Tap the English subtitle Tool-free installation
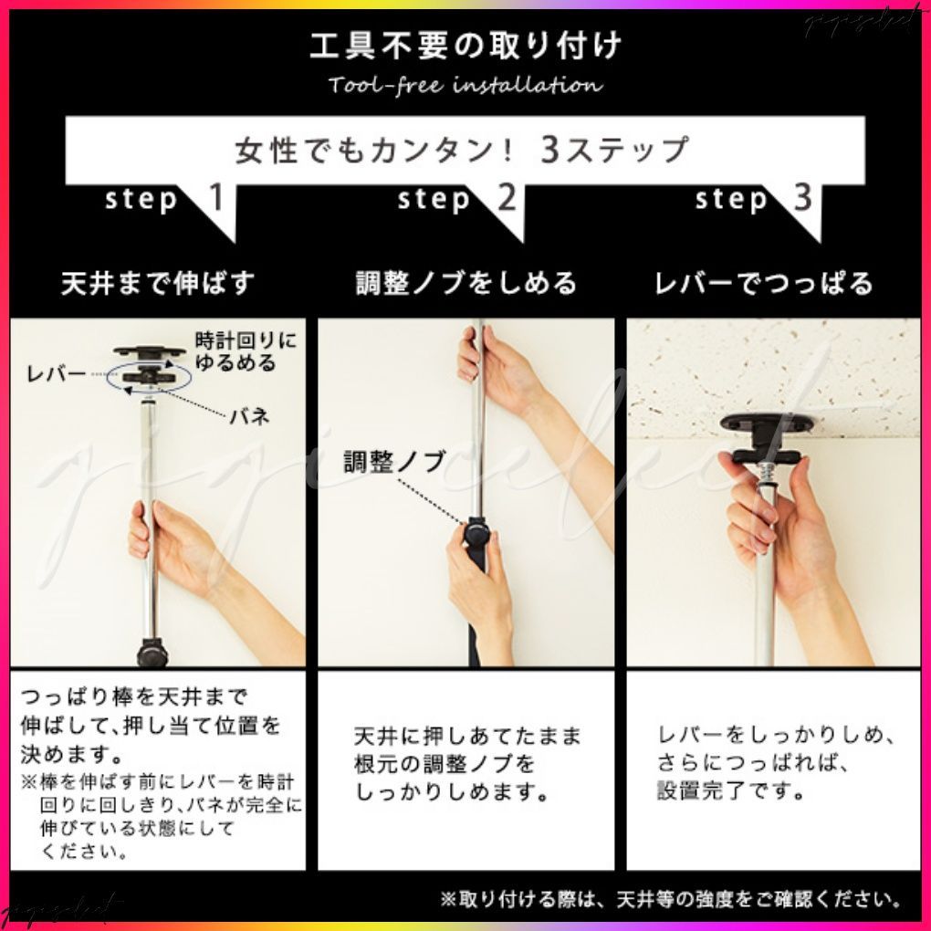pos(465,86)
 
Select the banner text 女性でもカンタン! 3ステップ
pos(462,149)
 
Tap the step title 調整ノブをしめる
pos(466,283)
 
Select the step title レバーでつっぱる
pos(764,283)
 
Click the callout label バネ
pos(248,417)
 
